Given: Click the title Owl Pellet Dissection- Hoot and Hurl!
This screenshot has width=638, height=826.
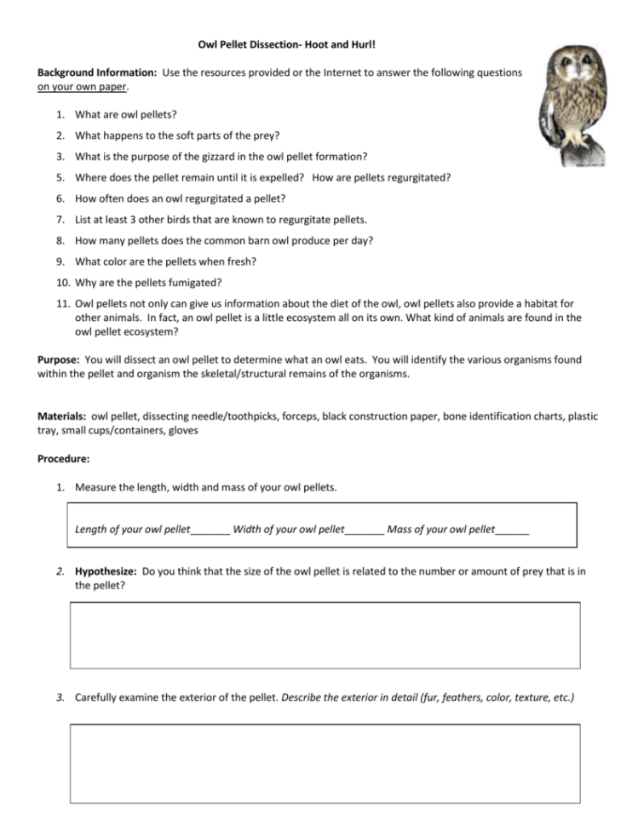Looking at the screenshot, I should (x=292, y=43).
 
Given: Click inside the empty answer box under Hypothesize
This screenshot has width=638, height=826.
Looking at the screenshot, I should (x=325, y=635).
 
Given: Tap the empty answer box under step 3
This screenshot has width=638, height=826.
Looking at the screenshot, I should (x=325, y=763).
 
